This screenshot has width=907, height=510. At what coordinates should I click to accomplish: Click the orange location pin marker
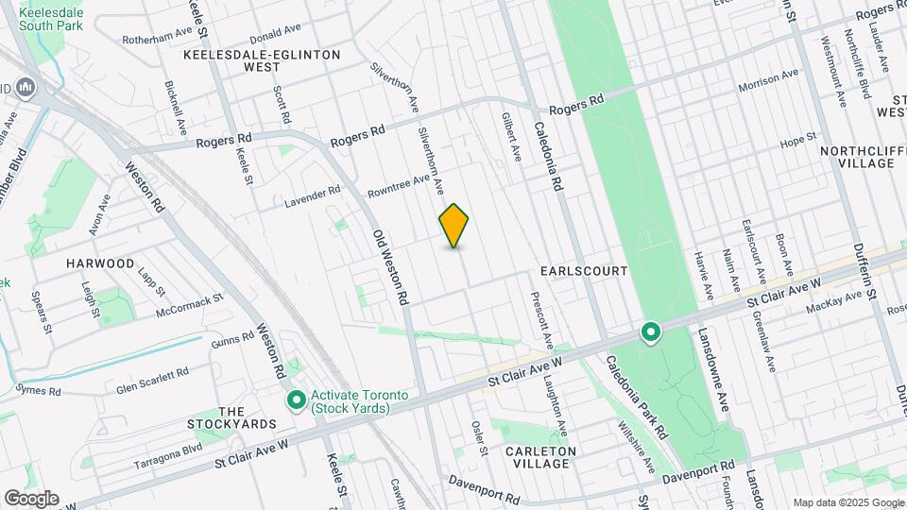(x=454, y=225)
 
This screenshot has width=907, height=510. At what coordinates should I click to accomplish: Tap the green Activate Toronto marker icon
(x=297, y=401)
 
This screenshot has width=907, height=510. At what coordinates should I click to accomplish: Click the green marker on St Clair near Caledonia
(x=650, y=332)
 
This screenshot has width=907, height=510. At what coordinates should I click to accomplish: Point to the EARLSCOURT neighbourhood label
(x=584, y=271)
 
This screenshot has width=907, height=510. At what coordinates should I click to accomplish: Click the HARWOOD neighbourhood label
(x=99, y=263)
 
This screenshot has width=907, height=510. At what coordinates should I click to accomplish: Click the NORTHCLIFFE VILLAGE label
(x=857, y=157)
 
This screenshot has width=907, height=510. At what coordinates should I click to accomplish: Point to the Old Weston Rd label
(x=389, y=266)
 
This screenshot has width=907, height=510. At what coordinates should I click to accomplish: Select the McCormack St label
(x=189, y=304)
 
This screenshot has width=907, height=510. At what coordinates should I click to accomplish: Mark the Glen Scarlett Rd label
(x=153, y=381)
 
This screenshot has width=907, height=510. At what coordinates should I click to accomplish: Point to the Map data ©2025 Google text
(x=847, y=501)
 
